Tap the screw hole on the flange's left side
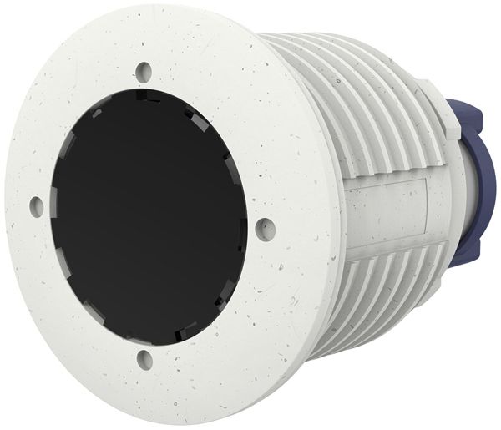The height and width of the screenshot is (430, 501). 38,204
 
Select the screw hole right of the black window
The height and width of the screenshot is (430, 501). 265,226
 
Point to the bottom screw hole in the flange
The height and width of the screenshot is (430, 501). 145,360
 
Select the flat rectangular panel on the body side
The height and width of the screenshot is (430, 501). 392,205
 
